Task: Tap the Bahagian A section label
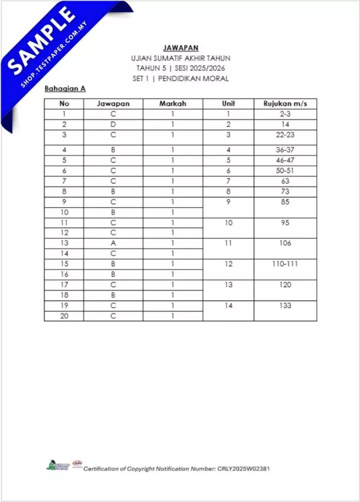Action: [x=65, y=88]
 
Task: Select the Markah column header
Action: [x=172, y=103]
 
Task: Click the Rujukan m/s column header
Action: [x=285, y=103]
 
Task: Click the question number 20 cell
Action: [x=63, y=315]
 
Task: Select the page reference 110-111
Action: [x=285, y=264]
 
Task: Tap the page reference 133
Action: [x=285, y=306]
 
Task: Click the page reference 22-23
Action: [x=285, y=135]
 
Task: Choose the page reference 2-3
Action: [x=285, y=113]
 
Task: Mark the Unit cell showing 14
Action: [x=228, y=306]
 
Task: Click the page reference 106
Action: [x=285, y=243]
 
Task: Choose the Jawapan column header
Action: [x=113, y=103]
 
